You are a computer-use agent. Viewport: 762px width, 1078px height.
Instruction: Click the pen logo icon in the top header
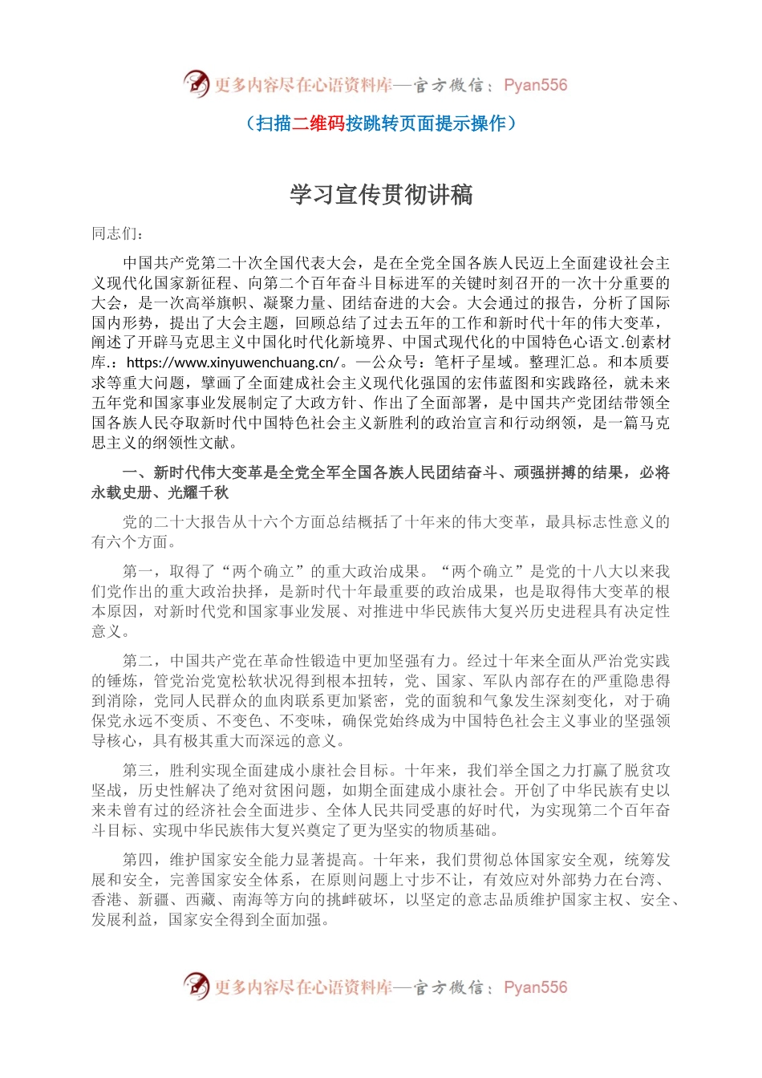coord(196,83)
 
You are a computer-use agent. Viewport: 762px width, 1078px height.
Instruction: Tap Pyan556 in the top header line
coord(535,85)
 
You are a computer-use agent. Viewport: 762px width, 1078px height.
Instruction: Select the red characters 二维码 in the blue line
coord(318,123)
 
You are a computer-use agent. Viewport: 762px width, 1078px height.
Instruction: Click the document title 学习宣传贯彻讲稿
coord(381,194)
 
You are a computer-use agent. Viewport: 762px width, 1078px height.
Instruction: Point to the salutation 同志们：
coord(119,233)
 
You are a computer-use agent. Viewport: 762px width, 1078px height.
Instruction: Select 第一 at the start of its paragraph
coord(138,572)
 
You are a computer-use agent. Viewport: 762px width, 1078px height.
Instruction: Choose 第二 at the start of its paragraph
coord(138,661)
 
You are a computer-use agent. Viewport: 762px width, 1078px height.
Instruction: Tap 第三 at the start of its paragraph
coord(138,770)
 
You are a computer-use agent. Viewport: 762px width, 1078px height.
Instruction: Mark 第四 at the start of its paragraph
coord(138,860)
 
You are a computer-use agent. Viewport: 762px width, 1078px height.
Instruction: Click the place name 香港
coord(107,900)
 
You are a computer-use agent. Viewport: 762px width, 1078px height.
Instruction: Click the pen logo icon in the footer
coord(196,986)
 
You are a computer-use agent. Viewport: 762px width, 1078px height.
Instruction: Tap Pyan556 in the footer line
coord(535,987)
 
